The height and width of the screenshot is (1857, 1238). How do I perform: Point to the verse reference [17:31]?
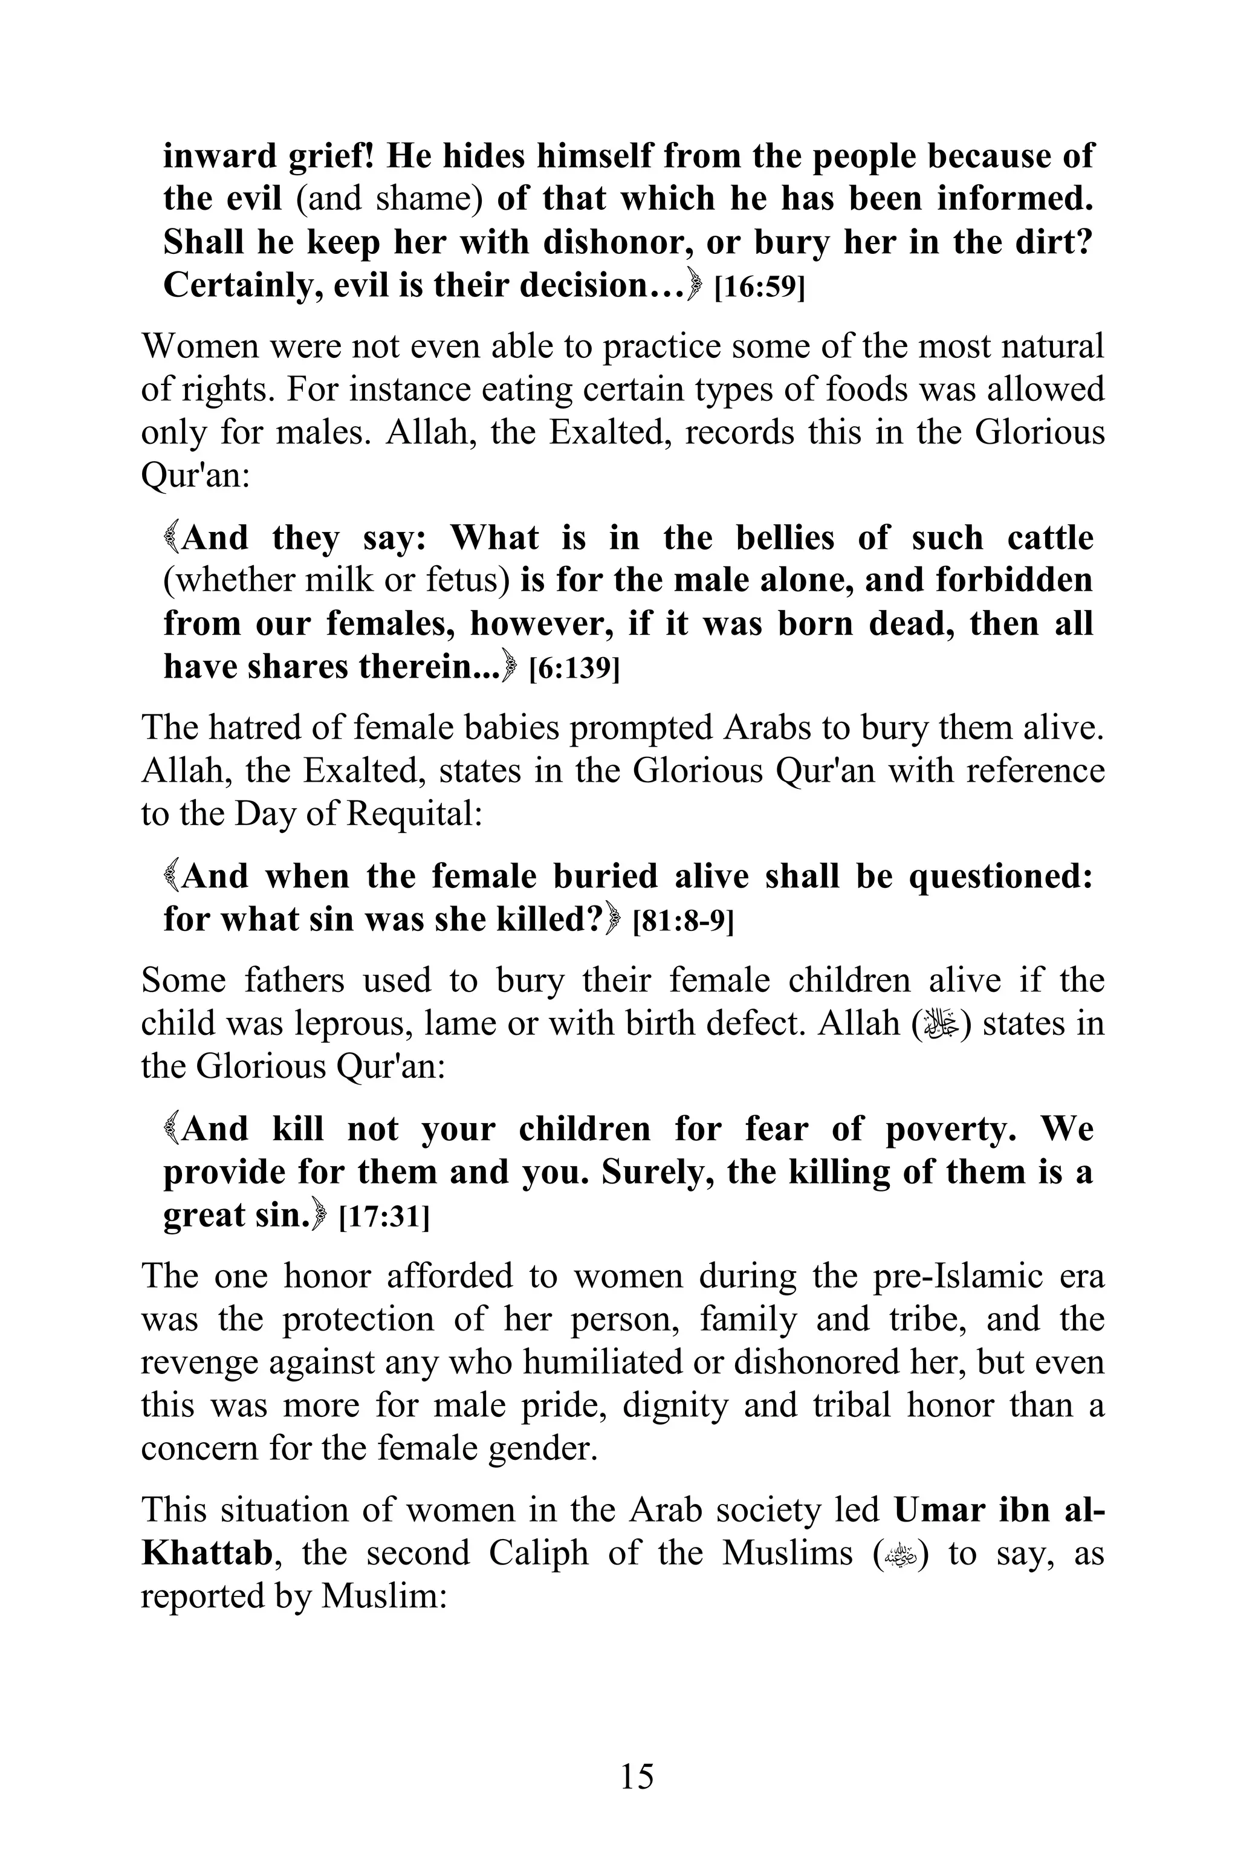pyautogui.click(x=384, y=1217)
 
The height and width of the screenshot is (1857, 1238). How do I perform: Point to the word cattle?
pyautogui.click(x=1050, y=539)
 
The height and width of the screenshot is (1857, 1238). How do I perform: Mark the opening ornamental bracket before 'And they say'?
pyautogui.click(x=170, y=539)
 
